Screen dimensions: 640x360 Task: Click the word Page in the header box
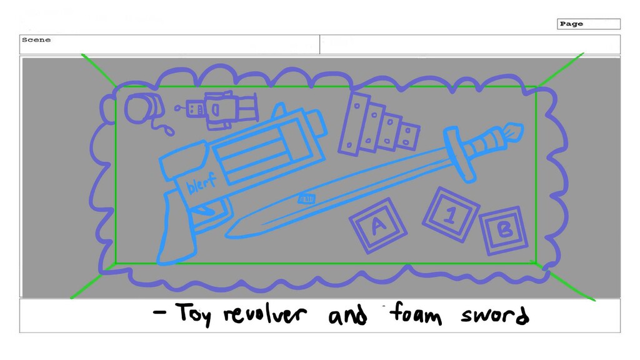tap(571, 24)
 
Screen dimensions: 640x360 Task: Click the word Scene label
tap(36, 40)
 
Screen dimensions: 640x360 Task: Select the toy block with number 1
tap(449, 215)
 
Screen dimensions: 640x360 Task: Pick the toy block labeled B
tap(504, 230)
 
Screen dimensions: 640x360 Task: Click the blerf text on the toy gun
tap(201, 183)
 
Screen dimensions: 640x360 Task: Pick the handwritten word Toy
tap(193, 314)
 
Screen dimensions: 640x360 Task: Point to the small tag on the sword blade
tap(307, 199)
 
